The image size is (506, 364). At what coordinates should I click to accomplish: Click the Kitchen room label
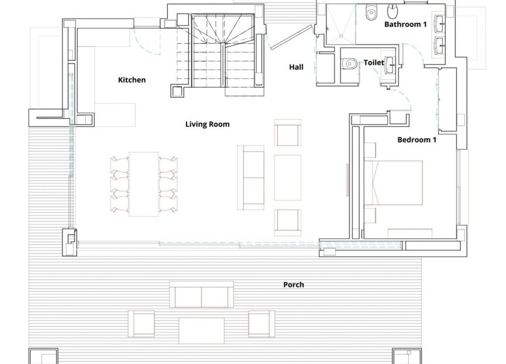pos(132,80)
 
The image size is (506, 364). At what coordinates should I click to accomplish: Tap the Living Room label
pos(207,124)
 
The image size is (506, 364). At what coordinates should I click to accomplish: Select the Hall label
pos(296,67)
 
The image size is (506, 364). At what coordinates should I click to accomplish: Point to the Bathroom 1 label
pos(405,24)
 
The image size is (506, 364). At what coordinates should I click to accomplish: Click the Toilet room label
pos(374,63)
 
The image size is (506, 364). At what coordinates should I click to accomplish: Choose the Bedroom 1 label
pos(416,140)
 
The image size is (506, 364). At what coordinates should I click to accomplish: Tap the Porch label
pos(293,285)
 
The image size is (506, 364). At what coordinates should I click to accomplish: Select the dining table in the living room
pos(143,184)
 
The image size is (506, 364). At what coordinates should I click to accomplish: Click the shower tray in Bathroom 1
pos(341,24)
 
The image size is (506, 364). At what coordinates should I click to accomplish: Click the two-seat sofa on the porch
pos(201,294)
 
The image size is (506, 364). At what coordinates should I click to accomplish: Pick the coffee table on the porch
pos(201,331)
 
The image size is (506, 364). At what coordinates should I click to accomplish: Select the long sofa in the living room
pos(251,177)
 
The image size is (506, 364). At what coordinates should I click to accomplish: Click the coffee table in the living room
pos(288,178)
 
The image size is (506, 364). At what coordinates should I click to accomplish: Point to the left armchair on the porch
pos(141,324)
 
